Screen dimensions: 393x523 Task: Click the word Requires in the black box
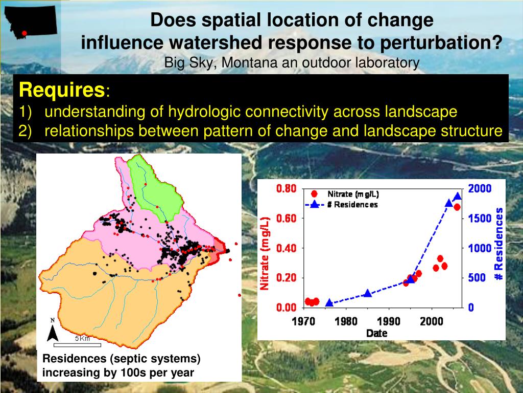coord(61,91)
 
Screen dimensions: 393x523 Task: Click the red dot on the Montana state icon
coord(24,33)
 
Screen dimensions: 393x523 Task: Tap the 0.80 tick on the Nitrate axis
coord(286,189)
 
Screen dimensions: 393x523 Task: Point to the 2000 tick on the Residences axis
coord(480,189)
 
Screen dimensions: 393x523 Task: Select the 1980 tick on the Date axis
coord(346,321)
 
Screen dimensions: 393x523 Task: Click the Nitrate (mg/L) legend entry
coord(353,194)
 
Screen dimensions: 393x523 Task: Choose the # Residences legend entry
coord(352,205)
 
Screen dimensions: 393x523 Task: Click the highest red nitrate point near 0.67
coord(457,207)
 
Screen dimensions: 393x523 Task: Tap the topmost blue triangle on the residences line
coord(458,196)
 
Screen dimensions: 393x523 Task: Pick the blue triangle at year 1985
coord(368,293)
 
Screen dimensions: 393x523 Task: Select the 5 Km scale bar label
coord(82,338)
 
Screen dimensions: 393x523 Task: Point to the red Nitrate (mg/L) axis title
coord(265,253)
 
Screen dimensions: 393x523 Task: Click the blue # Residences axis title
coord(498,244)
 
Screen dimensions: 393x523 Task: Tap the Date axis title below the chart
coord(376,334)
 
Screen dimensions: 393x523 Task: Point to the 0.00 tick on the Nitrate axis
coord(286,308)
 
